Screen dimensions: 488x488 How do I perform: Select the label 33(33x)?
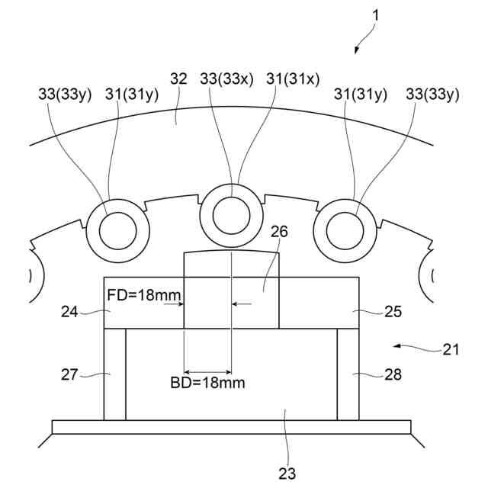[226, 78]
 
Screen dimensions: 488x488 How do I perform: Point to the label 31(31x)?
[294, 78]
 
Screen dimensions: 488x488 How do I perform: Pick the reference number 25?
[393, 311]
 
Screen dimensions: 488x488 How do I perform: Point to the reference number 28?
[393, 374]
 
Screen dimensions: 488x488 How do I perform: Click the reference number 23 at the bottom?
[287, 473]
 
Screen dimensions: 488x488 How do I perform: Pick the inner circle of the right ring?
[346, 228]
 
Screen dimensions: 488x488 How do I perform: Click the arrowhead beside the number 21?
[396, 347]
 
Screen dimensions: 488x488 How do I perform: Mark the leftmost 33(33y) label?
[64, 95]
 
